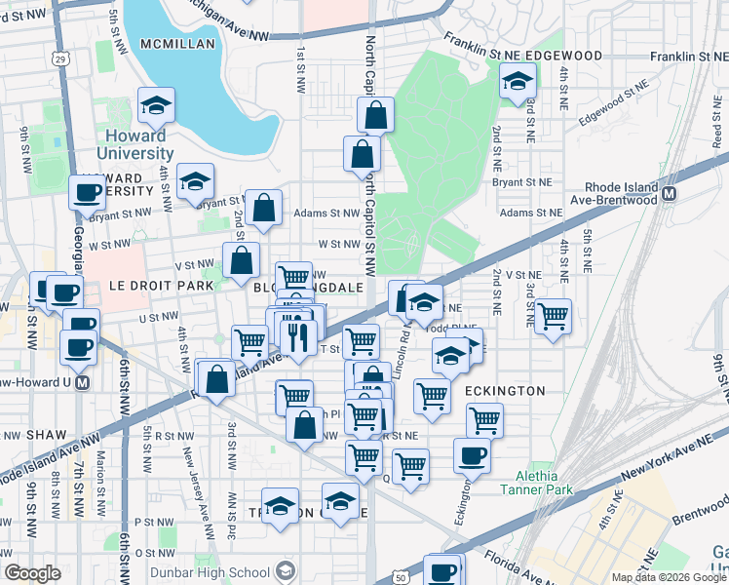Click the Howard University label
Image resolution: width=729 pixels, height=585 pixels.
[135, 144]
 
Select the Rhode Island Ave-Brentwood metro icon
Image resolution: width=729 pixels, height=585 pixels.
[670, 194]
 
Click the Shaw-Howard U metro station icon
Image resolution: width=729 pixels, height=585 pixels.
[83, 382]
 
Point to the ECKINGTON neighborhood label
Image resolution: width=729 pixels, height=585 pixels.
[505, 390]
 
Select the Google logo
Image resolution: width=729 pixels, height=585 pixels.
[32, 573]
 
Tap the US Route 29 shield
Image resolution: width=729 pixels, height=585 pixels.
[60, 60]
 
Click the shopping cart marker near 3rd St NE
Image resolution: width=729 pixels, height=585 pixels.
[553, 316]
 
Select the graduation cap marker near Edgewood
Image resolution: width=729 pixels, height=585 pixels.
[518, 80]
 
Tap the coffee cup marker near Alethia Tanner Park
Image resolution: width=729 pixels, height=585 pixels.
[472, 454]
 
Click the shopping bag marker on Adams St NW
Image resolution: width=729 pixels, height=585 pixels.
[263, 207]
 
